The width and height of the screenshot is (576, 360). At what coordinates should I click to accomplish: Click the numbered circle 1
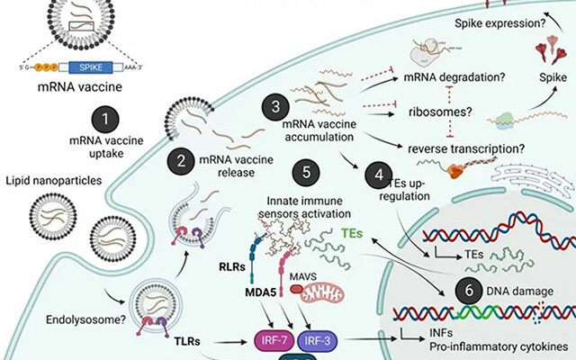tap(106, 119)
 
